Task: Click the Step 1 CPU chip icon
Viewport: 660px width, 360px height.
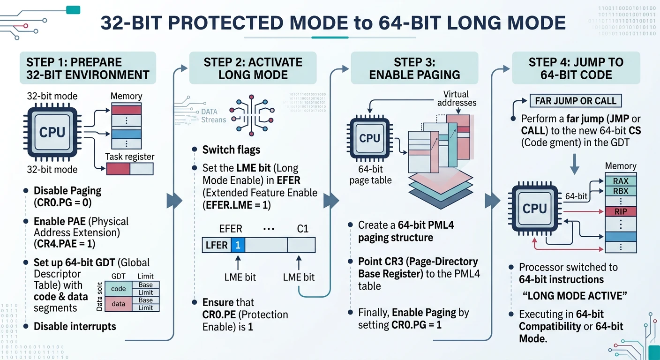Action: point(52,133)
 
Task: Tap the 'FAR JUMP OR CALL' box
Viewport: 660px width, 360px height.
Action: point(575,101)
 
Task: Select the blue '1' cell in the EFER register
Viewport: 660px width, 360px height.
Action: point(238,245)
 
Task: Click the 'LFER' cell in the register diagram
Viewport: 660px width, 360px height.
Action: point(217,245)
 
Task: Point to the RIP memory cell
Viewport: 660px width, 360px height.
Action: point(621,211)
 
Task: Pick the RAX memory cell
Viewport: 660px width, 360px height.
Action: point(621,181)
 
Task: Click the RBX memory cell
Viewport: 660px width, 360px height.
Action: point(621,191)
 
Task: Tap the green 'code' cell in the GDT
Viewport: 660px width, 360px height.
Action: point(118,289)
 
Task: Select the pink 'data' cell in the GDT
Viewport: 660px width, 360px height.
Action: point(118,304)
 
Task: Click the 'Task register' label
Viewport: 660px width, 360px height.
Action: point(130,157)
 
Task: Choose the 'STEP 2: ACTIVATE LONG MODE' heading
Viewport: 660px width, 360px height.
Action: point(253,68)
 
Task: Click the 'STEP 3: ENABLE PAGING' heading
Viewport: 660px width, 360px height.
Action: point(414,68)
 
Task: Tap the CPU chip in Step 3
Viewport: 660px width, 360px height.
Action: point(369,138)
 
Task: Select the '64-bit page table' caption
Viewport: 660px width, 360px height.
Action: point(370,175)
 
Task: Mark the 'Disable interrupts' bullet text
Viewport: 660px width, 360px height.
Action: point(75,326)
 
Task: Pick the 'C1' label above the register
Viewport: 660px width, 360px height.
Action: point(303,229)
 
